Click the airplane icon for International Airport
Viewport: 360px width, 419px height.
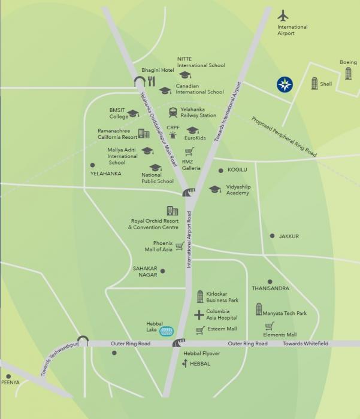pos(284,15)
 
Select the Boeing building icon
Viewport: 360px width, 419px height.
pos(348,74)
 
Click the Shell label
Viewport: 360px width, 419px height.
pos(326,84)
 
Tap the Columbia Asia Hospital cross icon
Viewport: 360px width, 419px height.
pos(199,315)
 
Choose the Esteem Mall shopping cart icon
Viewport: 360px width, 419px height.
pos(200,330)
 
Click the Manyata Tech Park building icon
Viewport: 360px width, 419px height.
pos(259,309)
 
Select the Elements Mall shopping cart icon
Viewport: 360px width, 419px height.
pos(270,326)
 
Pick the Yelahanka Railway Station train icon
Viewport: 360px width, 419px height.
pos(173,112)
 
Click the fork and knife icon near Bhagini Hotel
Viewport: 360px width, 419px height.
pos(151,81)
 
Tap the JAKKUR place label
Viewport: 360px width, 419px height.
pos(289,236)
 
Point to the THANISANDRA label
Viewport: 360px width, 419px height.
pos(270,289)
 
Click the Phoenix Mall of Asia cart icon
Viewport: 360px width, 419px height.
pos(180,245)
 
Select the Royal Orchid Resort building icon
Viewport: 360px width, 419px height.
pos(172,211)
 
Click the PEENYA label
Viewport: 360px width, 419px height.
pos(10,381)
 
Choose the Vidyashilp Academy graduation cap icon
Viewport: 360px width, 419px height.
pos(214,190)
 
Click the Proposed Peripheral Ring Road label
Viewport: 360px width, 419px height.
pos(283,137)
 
